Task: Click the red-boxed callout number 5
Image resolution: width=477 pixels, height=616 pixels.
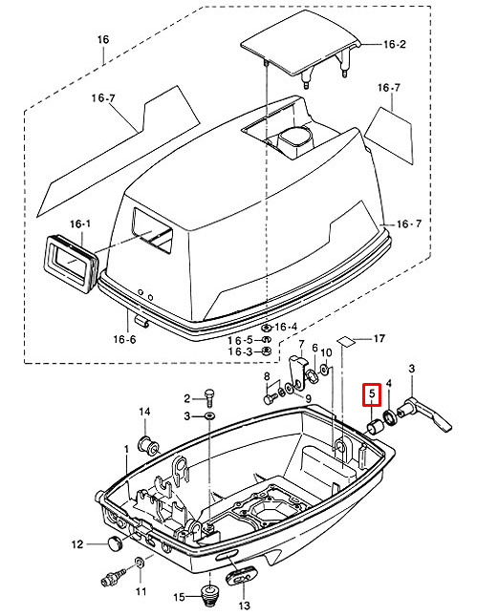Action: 372,393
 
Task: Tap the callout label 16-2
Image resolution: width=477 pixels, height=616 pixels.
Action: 395,44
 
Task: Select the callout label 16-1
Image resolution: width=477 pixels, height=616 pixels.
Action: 80,223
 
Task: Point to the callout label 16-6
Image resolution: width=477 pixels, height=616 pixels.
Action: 124,339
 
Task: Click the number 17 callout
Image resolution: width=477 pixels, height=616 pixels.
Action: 379,338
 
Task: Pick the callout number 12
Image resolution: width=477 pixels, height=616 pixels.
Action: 77,544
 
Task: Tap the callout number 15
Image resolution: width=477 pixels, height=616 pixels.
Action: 179,597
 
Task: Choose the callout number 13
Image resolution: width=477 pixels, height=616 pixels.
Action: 244,605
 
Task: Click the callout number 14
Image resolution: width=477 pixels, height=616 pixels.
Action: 144,412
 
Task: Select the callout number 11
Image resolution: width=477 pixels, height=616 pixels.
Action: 141,591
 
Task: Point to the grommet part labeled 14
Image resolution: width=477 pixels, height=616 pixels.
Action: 148,444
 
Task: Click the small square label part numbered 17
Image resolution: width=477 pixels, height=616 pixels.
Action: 346,341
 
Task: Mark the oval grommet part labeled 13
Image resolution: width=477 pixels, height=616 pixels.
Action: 241,577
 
